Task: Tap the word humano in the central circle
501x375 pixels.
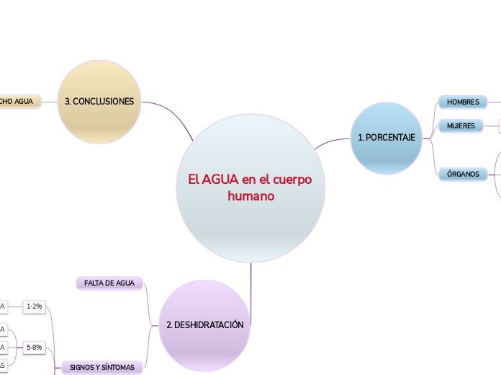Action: coord(250,195)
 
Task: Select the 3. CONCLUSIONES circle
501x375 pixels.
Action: coord(99,102)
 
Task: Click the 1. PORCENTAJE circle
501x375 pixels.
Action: coord(387,138)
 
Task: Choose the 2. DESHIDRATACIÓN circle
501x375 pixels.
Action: coord(204,325)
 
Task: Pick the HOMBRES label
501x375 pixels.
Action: coord(463,102)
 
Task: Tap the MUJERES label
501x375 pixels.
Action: coord(461,125)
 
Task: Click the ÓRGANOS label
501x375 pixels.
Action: coord(463,174)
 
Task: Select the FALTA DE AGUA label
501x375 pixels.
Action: coord(109,283)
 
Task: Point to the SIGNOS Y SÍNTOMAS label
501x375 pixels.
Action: coord(101,367)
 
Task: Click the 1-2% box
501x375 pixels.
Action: coord(34,306)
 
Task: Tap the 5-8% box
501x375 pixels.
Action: coord(34,347)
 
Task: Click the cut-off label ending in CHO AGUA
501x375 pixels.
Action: coord(19,102)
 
